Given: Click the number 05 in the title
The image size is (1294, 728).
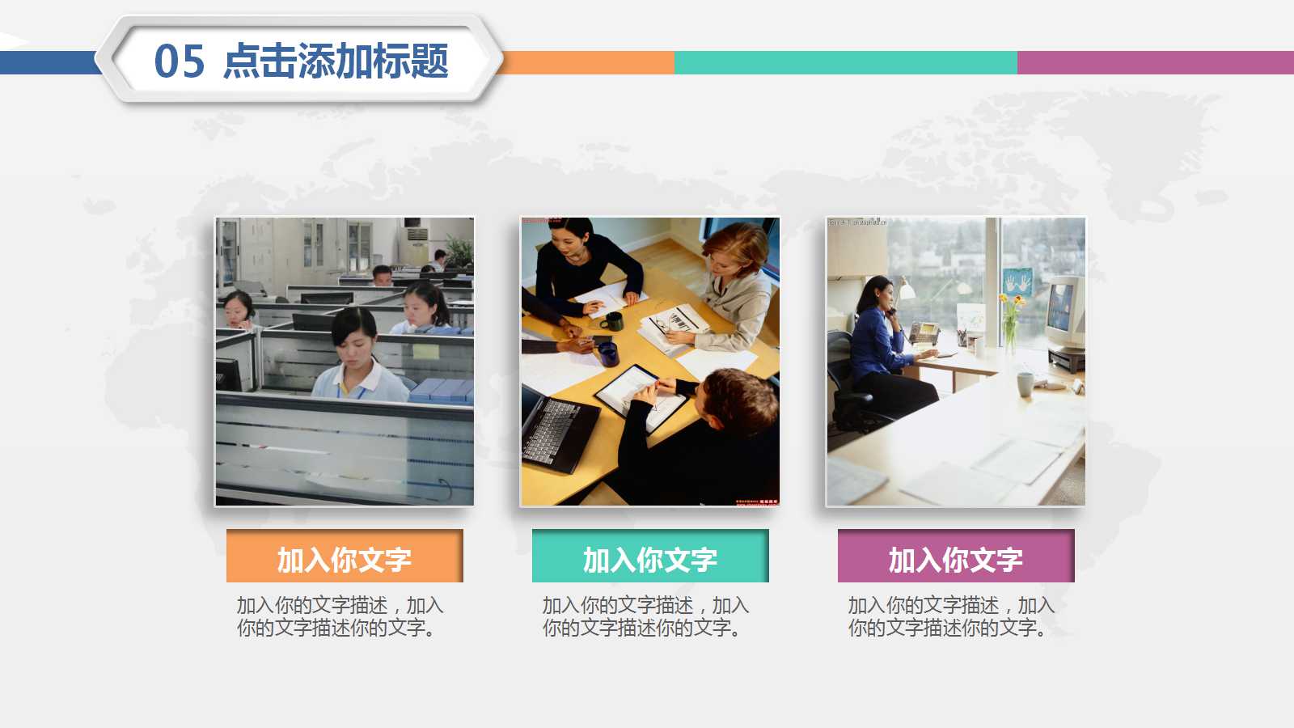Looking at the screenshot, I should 180,61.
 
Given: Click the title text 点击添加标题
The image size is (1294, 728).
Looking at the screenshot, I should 336,61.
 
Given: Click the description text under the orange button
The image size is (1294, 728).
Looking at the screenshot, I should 340,616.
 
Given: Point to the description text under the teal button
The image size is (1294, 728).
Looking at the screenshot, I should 645,616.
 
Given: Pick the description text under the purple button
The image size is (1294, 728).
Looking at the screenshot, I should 951,616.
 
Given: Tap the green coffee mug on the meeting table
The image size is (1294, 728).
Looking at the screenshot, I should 612,322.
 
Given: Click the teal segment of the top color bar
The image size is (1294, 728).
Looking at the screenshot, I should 845,62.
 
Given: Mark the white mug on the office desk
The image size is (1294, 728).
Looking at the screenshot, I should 1025,383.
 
